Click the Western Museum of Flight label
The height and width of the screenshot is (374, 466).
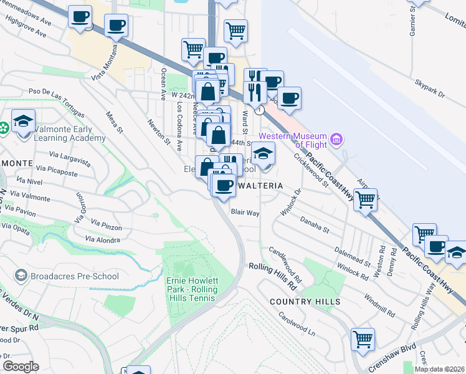(x=293, y=140)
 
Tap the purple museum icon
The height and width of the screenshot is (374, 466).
(x=337, y=138)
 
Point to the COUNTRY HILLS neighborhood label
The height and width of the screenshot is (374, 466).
(x=305, y=302)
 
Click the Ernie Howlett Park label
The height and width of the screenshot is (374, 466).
(x=192, y=289)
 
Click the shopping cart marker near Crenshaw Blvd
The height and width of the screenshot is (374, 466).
(x=363, y=340)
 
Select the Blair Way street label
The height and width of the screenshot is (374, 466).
(x=245, y=213)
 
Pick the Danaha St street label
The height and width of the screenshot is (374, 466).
(x=314, y=221)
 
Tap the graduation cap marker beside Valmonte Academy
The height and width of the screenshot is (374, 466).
(x=23, y=122)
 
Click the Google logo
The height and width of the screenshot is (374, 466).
(x=21, y=367)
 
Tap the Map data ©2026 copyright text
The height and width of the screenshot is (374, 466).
(x=440, y=369)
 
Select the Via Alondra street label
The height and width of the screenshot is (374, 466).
(x=102, y=240)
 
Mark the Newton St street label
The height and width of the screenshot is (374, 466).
(x=159, y=132)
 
